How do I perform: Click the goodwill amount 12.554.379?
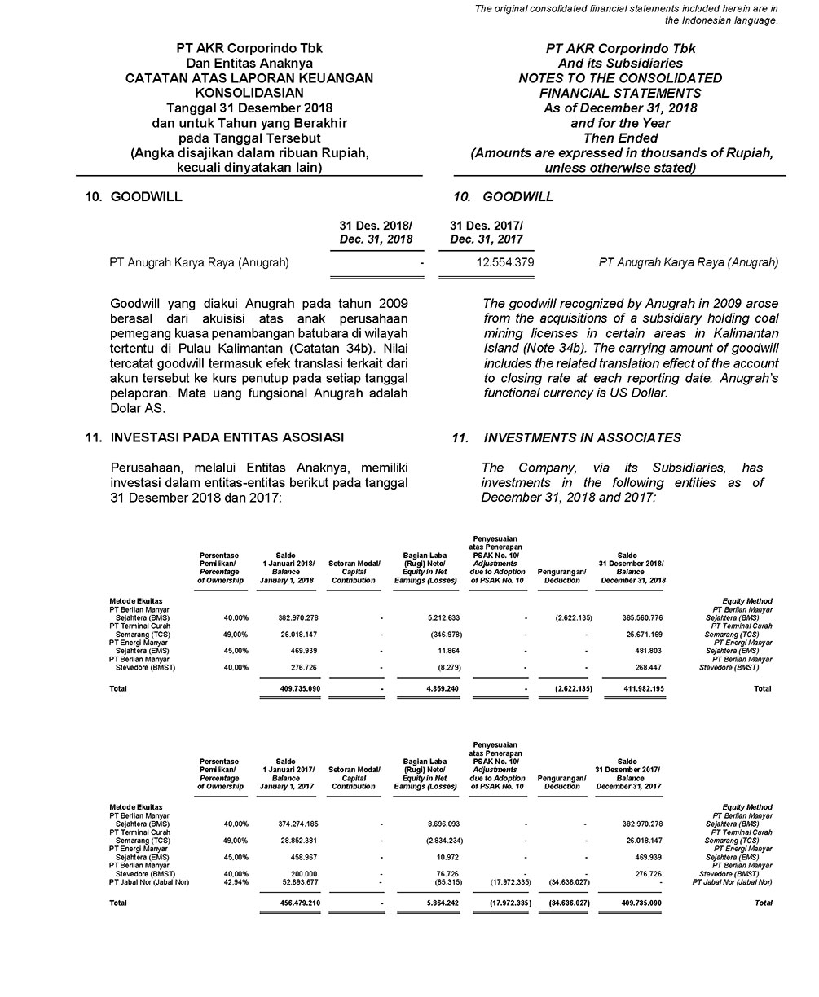504,262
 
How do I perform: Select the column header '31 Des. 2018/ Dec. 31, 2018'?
376,232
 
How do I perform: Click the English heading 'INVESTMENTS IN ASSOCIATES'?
582,438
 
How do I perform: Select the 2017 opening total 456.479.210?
290,903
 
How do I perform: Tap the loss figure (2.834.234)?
438,840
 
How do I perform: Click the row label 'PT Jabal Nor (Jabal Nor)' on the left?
149,881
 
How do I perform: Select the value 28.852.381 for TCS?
290,840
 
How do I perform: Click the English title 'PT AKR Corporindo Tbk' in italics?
620,49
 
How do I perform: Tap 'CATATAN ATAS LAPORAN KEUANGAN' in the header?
249,78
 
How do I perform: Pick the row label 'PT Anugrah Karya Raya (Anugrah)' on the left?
199,262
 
